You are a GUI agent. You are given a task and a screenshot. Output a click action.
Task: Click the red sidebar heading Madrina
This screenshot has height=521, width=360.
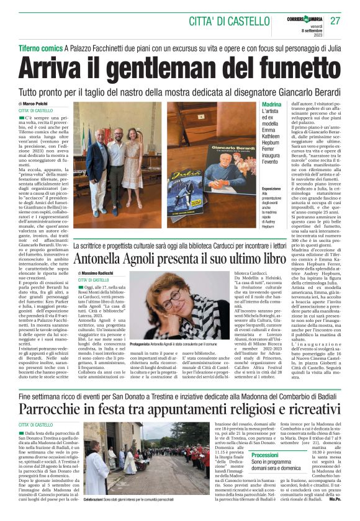click(271, 105)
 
